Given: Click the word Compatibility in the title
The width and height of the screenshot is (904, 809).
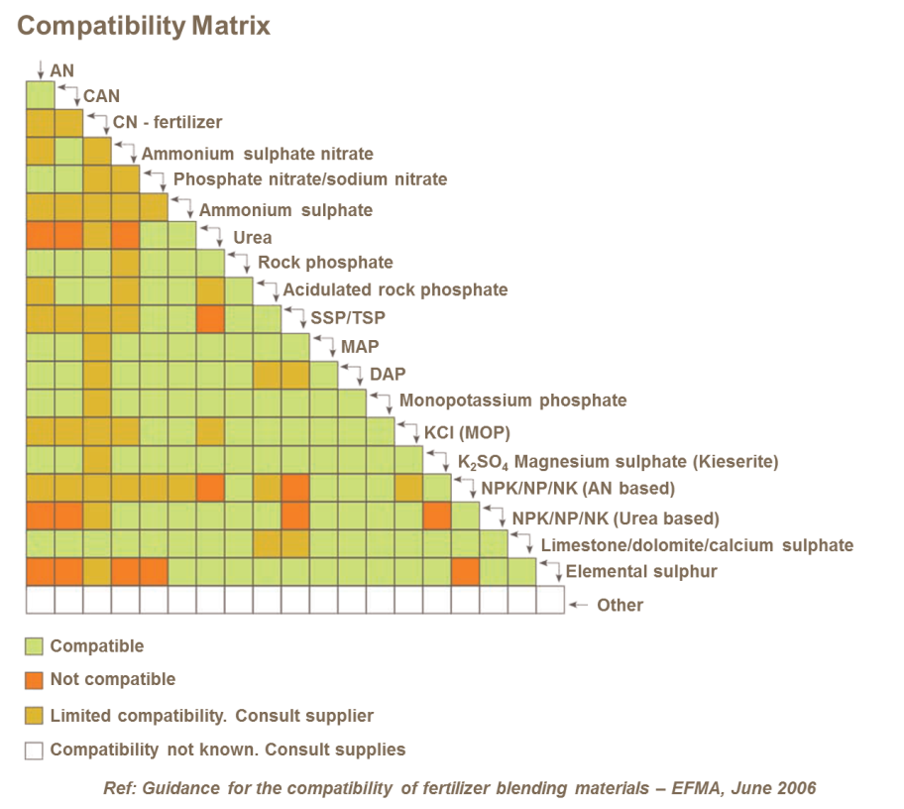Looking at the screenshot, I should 99,26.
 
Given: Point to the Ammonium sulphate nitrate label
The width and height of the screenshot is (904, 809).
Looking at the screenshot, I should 257,155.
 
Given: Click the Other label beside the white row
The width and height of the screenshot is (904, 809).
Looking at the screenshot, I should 620,606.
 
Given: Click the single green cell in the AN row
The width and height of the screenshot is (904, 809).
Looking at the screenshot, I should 40,94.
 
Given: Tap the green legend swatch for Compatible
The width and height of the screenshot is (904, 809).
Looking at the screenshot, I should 34,646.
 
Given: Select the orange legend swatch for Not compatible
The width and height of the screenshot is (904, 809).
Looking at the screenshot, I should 34,680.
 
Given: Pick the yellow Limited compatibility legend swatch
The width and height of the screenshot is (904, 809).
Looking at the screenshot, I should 34,716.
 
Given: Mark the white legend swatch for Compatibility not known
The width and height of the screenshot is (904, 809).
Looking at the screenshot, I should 34,751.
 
